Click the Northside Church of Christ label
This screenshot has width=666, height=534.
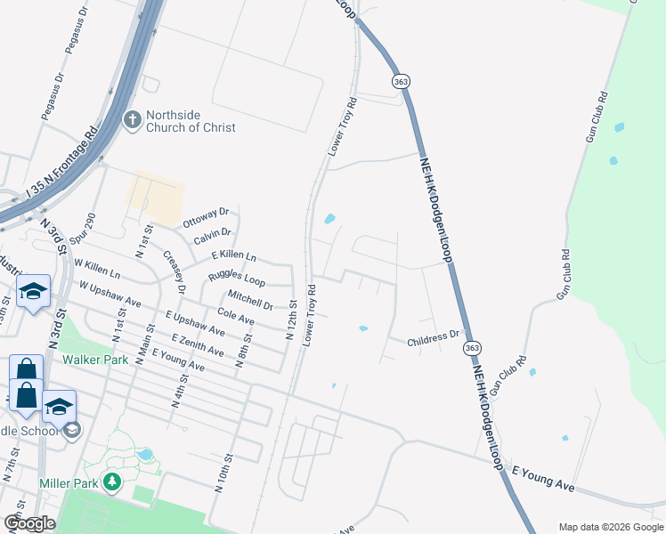point(191,121)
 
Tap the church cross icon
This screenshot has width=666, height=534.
point(132,120)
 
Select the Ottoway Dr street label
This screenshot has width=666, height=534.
point(205,218)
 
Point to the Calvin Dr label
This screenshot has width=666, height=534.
point(212,236)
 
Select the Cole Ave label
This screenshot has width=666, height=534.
point(236,316)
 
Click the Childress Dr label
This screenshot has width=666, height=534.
point(433,339)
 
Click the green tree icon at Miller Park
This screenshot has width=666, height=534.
point(112,482)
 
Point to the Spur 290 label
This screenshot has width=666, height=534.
point(88,231)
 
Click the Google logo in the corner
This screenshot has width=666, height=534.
point(30,523)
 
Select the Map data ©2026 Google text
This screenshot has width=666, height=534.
point(610,526)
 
